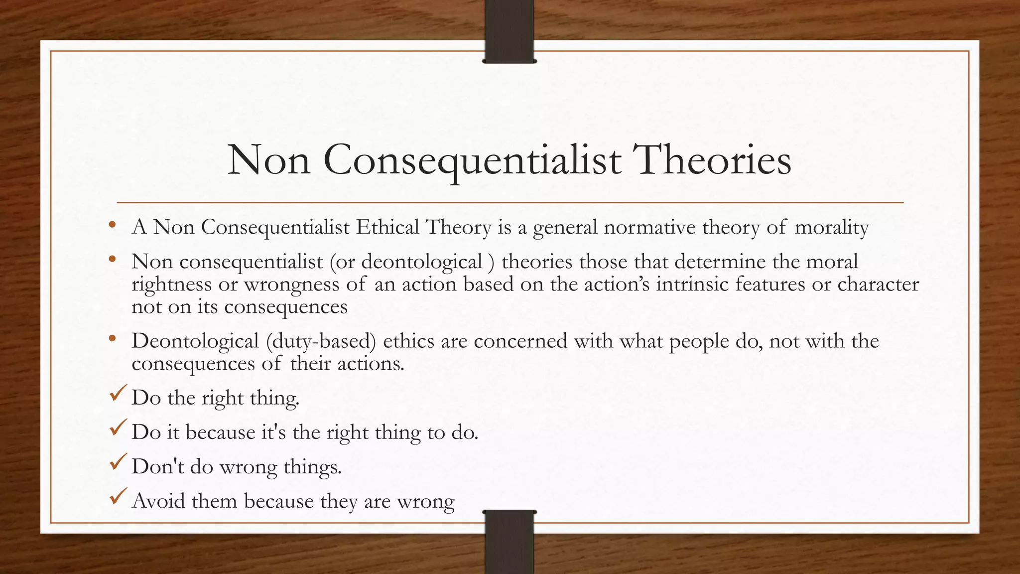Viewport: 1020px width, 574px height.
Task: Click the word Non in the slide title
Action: (269, 160)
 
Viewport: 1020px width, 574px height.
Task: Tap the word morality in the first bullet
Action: (832, 227)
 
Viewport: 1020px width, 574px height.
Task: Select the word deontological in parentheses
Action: (421, 262)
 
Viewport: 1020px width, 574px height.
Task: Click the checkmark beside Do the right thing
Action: (118, 394)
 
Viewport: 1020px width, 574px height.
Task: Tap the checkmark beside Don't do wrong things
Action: (118, 463)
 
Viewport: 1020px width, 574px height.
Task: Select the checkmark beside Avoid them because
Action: (118, 497)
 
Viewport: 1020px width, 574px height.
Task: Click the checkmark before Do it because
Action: (118, 429)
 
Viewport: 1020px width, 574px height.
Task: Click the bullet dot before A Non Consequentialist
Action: (113, 225)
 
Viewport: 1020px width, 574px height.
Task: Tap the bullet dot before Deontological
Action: (113, 339)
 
